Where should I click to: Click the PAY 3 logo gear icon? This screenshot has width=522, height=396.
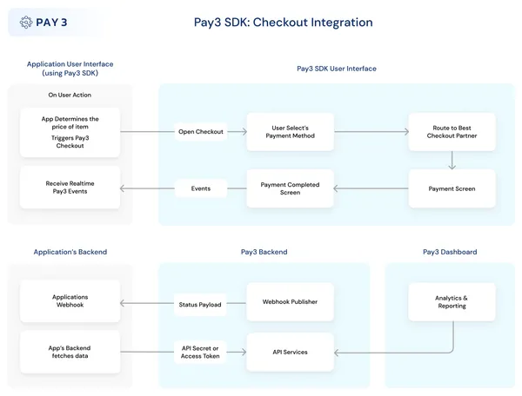coord(26,23)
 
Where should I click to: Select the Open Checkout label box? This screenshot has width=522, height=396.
coord(201,132)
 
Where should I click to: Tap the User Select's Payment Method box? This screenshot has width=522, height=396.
coord(290,132)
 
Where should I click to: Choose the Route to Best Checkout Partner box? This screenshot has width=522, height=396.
coord(452,132)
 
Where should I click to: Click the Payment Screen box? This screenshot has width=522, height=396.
coord(452,188)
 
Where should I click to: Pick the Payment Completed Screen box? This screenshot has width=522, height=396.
coord(290,188)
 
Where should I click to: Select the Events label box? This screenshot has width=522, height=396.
coord(201,188)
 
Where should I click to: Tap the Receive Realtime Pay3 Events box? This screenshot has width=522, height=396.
coord(70,188)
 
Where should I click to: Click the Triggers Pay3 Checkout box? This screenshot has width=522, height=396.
coord(70,132)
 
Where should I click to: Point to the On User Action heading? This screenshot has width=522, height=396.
coord(70,95)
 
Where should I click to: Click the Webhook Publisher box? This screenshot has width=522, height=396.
coord(290,302)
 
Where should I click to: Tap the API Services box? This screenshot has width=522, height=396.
coord(290,352)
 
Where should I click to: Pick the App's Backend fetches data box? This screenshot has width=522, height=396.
coord(70,352)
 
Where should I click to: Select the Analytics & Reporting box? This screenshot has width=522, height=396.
coord(452,301)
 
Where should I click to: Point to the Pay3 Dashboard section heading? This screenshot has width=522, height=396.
coord(450,252)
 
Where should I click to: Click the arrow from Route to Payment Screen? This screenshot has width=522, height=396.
coord(452,161)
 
